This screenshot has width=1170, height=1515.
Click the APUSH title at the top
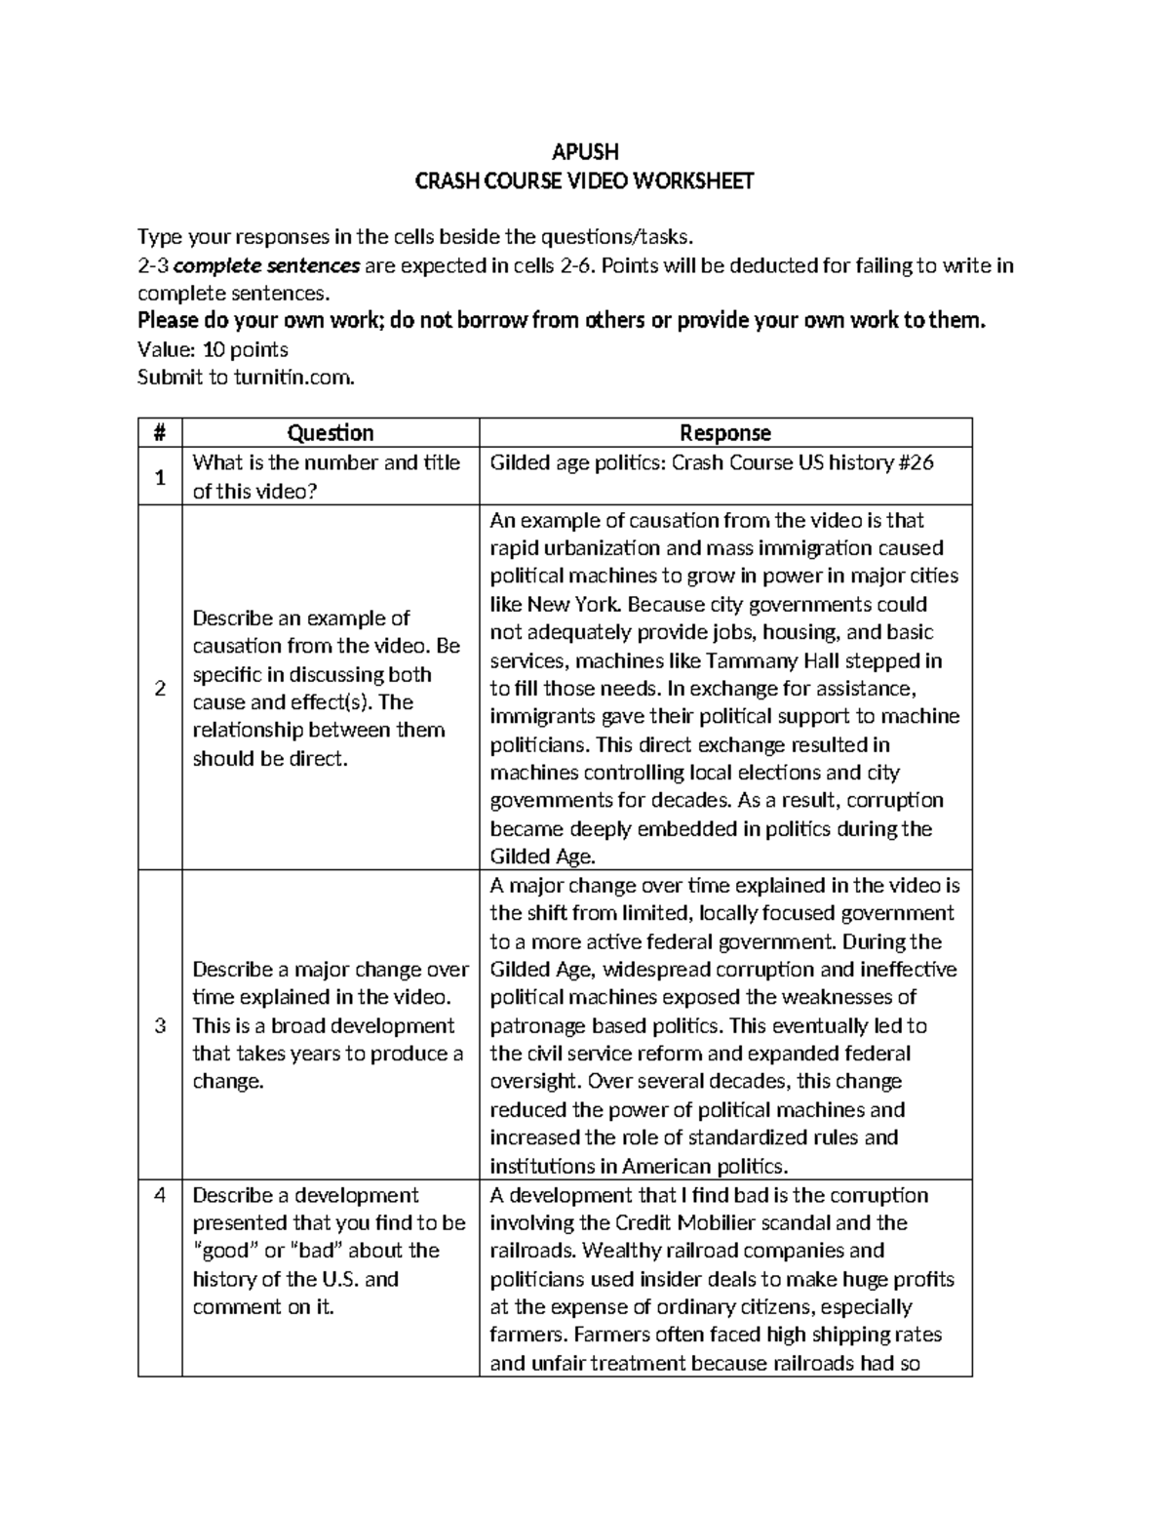[584, 151]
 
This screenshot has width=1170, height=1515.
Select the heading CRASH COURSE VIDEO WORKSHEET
[584, 180]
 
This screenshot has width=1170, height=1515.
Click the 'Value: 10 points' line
[213, 349]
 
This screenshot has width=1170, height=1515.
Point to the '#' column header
[160, 433]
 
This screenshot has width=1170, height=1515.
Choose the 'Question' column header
[331, 433]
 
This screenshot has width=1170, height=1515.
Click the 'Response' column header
[725, 433]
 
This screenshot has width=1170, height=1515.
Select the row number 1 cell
[160, 477]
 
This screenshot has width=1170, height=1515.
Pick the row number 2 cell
[160, 688]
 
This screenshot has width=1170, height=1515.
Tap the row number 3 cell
[160, 1025]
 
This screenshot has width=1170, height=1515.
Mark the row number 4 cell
[160, 1195]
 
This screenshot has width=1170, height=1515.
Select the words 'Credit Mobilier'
[683, 1223]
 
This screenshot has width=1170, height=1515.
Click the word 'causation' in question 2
[238, 646]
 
